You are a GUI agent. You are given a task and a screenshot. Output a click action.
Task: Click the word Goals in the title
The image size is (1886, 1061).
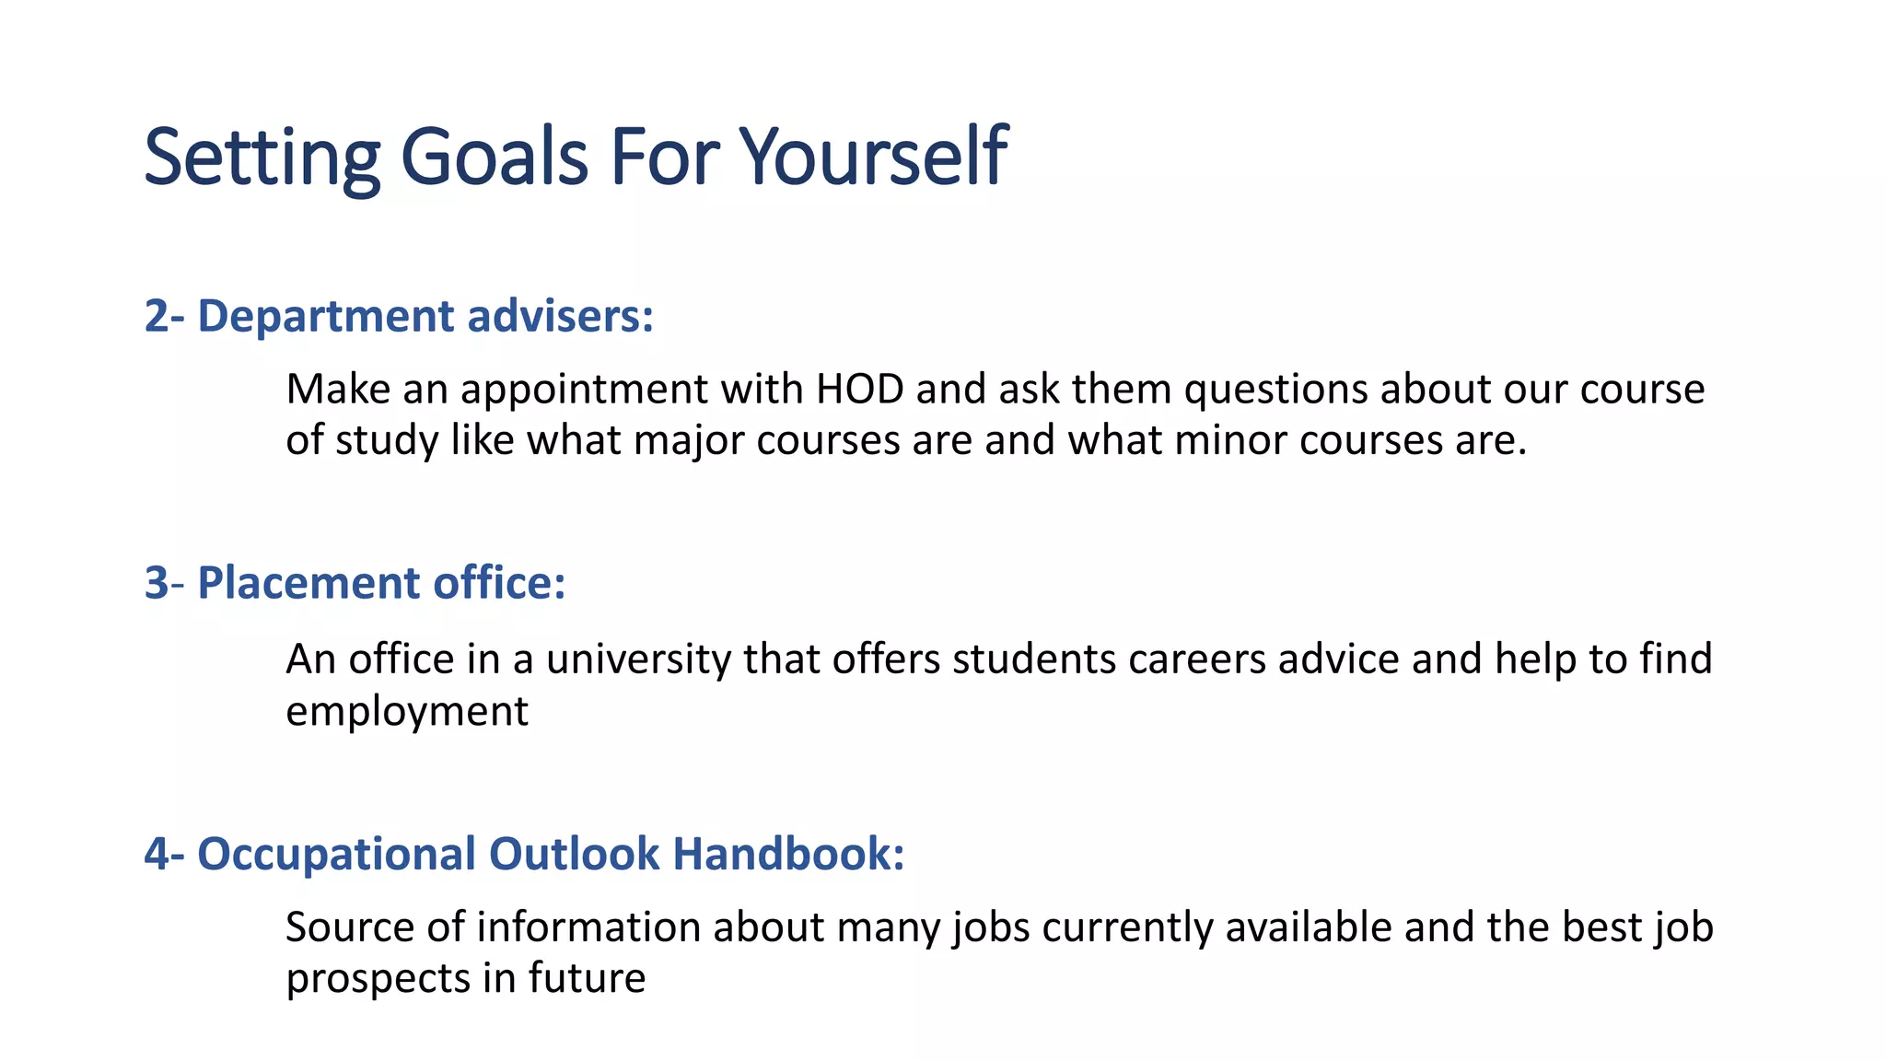(x=494, y=157)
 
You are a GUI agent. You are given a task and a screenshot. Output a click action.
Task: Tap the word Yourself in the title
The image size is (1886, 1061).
(x=874, y=157)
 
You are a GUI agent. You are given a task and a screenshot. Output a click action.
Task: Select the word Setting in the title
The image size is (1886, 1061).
(x=262, y=157)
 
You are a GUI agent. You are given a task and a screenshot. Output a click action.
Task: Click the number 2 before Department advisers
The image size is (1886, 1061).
(x=157, y=317)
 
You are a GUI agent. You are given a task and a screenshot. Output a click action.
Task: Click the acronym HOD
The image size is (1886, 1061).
(x=860, y=390)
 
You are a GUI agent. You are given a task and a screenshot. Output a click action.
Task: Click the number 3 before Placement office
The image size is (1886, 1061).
(x=157, y=584)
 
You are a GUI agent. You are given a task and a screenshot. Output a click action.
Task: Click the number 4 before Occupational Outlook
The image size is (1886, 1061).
(x=157, y=854)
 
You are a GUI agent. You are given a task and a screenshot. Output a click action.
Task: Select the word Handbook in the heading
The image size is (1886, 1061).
(x=788, y=854)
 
